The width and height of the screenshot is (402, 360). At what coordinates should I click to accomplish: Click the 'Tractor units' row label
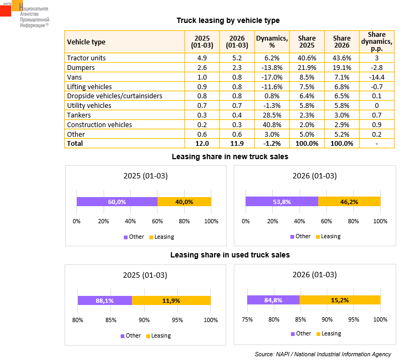click(x=86, y=58)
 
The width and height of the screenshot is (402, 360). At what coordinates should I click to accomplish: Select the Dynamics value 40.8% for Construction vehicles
click(x=272, y=124)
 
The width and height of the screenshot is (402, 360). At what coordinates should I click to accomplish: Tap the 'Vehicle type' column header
click(x=86, y=42)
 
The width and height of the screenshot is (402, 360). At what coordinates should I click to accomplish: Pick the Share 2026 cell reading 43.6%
click(x=342, y=58)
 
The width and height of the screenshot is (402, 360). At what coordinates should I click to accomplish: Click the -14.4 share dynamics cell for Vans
click(x=377, y=77)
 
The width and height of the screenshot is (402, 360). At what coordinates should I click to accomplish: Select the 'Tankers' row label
click(x=79, y=115)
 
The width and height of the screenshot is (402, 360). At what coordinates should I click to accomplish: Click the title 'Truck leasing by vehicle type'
click(x=228, y=20)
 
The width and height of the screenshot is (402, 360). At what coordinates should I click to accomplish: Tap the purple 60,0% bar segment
click(x=117, y=201)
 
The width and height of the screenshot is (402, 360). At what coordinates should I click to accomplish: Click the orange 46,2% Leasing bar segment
click(x=349, y=201)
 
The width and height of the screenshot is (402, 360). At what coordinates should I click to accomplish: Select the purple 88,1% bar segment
click(x=105, y=300)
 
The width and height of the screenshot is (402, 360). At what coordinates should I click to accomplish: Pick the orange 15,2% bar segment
click(x=340, y=300)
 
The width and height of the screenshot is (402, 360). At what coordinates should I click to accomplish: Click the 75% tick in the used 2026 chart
click(x=247, y=319)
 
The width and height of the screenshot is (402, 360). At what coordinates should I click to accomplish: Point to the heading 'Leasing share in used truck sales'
click(x=230, y=255)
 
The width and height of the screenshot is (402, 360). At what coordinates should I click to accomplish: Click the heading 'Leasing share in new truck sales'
click(x=230, y=156)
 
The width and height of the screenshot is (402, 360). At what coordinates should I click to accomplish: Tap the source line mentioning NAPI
click(x=322, y=354)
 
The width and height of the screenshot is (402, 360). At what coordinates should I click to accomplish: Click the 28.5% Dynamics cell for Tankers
click(x=272, y=115)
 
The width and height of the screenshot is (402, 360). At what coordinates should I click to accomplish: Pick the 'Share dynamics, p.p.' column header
click(x=377, y=42)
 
